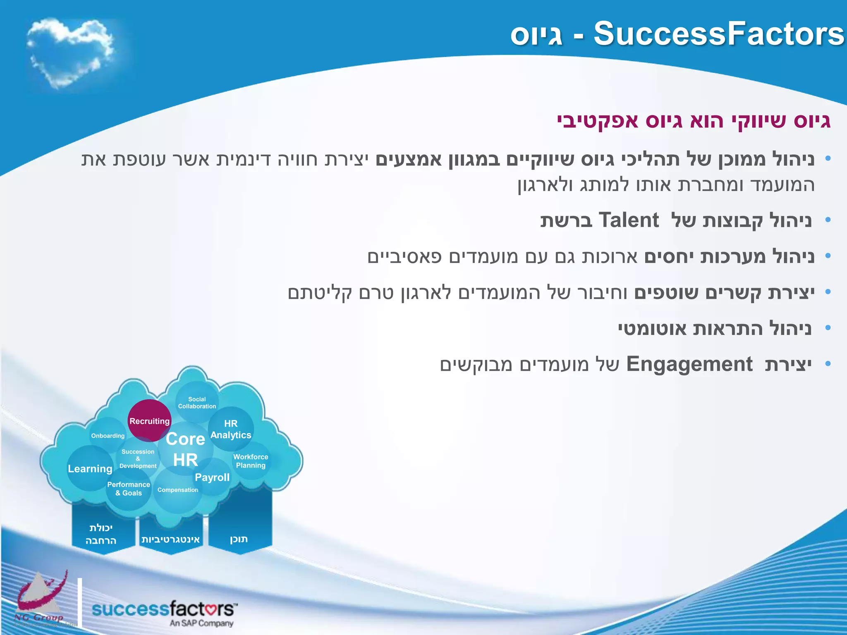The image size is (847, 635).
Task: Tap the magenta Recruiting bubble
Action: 149,421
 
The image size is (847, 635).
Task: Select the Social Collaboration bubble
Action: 197,403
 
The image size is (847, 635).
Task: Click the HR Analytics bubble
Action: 231,429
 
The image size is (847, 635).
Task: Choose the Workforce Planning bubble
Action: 251,461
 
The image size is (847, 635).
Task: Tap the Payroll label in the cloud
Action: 212,477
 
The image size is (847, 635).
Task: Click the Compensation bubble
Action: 178,490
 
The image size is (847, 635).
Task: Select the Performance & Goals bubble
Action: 129,489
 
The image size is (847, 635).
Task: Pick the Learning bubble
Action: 90,469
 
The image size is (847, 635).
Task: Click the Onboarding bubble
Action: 108,436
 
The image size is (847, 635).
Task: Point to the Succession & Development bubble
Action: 138,459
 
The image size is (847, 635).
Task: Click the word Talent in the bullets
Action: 629,220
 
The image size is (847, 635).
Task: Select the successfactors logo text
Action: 163,609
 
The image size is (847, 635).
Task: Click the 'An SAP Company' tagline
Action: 201,623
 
